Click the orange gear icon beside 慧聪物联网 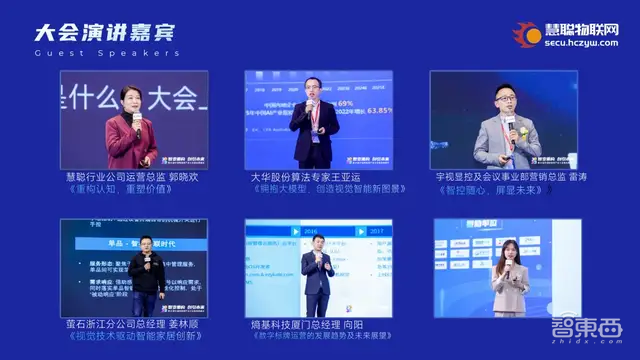(x=526, y=37)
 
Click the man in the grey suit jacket (x=506, y=138)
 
